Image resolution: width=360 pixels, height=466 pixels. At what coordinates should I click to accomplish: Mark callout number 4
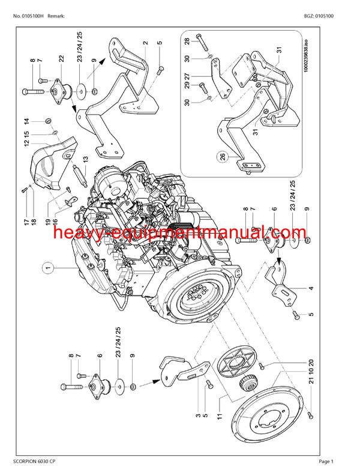pos(311,289)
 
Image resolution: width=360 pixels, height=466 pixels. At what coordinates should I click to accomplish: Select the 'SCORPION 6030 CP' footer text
pos(34,459)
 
